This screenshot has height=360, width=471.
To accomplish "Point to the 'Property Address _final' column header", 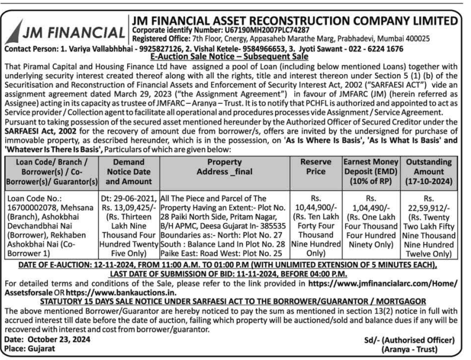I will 224,165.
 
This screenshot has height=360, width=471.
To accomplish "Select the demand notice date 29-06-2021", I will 138,199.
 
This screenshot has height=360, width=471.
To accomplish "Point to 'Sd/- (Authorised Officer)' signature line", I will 406,340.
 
